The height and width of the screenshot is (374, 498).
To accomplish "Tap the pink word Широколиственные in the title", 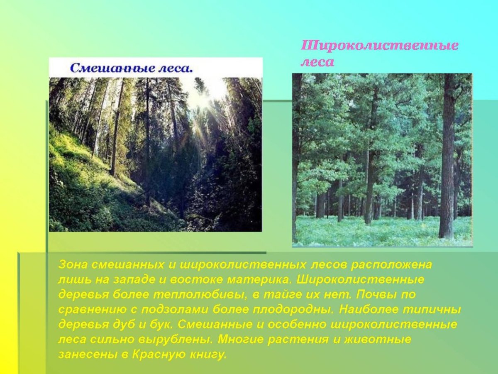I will tap(379, 46).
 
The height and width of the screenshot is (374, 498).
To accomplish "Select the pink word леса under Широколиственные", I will tap(317, 62).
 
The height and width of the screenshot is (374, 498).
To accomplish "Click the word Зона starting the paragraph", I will tap(73, 265).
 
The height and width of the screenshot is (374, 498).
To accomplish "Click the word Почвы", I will tap(376, 295).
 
